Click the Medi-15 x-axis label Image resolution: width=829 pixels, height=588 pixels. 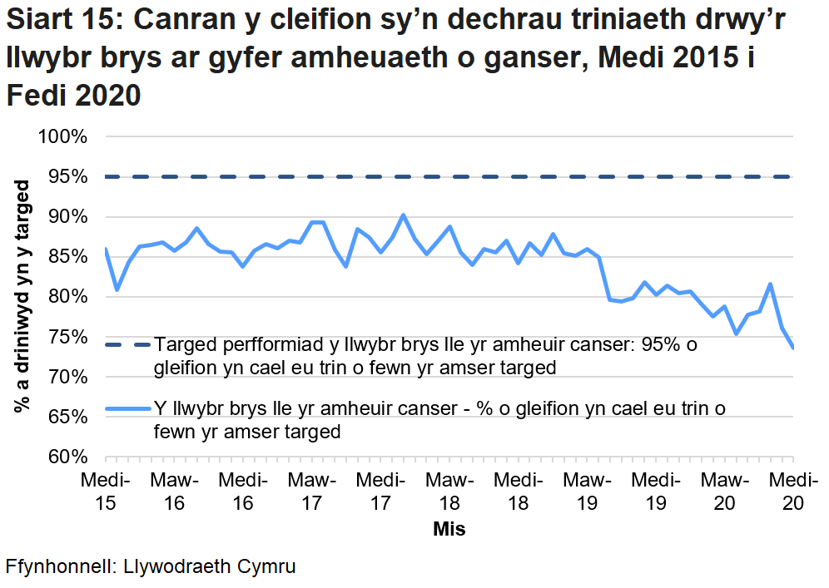(105, 492)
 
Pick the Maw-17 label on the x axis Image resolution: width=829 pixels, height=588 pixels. (311, 492)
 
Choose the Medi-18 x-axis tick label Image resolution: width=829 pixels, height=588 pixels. (518, 492)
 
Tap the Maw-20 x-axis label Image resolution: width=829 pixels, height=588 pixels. (724, 492)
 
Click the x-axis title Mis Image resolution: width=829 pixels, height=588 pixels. (449, 529)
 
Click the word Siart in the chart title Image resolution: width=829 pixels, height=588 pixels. (41, 18)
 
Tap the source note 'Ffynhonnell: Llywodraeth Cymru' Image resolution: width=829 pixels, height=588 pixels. (151, 567)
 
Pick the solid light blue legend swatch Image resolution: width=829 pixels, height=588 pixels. (128, 408)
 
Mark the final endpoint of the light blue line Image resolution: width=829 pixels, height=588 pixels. (792, 348)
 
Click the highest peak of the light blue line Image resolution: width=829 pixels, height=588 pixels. (403, 215)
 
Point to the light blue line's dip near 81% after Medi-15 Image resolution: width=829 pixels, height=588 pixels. (117, 289)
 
